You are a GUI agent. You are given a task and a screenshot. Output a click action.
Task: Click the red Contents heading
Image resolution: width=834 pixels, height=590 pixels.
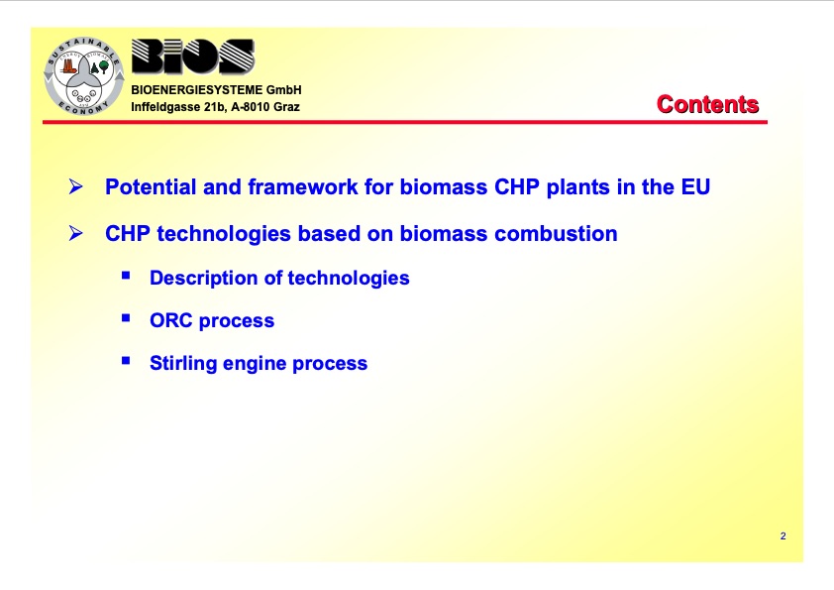point(707,104)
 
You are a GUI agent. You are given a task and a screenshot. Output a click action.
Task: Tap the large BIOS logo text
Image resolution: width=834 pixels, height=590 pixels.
point(193,56)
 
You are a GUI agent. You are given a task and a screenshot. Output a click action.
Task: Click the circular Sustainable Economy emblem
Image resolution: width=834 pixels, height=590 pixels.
point(84,76)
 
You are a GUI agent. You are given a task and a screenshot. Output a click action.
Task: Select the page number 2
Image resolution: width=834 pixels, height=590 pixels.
point(782,536)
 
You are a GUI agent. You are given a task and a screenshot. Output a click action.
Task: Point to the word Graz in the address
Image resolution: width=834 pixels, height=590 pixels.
point(286,107)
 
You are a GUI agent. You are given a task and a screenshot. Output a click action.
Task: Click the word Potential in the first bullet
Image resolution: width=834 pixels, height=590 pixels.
point(152,187)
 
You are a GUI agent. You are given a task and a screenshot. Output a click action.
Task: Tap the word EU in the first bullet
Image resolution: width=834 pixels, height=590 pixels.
point(695,187)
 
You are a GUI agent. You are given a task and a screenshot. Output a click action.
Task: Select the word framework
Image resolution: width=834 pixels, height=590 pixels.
point(303,187)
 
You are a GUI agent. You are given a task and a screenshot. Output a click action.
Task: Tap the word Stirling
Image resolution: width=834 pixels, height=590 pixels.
point(183,363)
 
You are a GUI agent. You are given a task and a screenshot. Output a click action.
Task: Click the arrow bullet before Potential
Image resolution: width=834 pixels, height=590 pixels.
point(75,186)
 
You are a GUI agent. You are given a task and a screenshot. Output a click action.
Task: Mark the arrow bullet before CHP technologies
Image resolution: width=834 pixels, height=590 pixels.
point(75,233)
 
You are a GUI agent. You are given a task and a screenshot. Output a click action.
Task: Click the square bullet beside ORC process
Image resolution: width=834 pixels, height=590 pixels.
point(126,318)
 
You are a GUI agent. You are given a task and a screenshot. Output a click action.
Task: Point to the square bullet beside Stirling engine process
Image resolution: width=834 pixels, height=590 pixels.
point(126,361)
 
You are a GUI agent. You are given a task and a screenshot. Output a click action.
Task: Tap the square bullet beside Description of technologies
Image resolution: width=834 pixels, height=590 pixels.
point(126,276)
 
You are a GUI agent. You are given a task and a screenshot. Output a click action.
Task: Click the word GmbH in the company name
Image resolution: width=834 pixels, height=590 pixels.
point(284,90)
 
